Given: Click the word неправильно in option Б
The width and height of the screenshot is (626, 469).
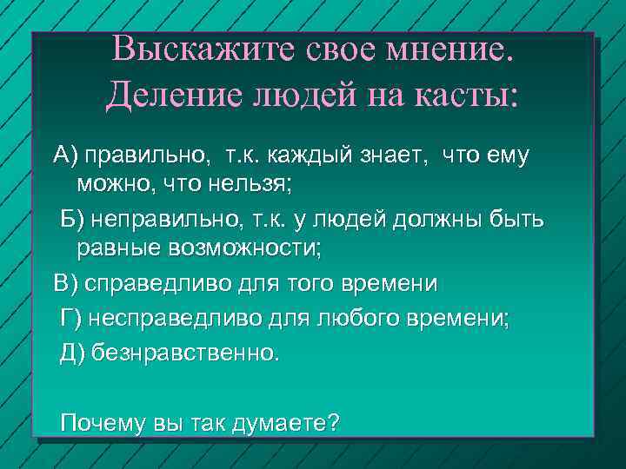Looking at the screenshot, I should tap(161, 221).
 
